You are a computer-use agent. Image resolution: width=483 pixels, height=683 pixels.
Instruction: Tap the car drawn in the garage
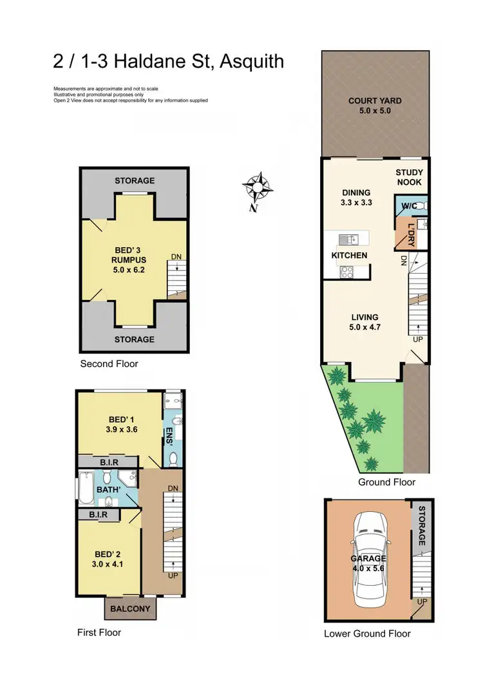click(x=368, y=558)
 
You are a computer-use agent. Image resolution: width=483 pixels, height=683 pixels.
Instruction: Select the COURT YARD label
click(x=375, y=106)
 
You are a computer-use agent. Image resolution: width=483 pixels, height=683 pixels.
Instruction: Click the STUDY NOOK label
click(x=409, y=177)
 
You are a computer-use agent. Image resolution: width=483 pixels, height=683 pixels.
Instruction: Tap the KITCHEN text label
click(x=349, y=256)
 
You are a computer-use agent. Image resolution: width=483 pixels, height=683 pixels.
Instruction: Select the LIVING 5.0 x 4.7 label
click(x=365, y=322)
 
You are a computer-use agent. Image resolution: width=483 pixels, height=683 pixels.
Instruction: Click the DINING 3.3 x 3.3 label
click(x=356, y=197)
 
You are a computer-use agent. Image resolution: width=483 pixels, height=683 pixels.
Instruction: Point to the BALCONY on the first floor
click(x=130, y=608)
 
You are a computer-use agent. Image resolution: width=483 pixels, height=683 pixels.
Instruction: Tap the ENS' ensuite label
click(x=170, y=433)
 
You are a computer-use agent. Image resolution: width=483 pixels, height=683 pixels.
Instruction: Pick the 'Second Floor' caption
click(x=109, y=364)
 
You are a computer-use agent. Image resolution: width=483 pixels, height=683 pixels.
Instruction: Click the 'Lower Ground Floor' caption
click(x=367, y=633)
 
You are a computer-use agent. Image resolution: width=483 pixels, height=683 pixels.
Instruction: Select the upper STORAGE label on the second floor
click(x=135, y=180)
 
